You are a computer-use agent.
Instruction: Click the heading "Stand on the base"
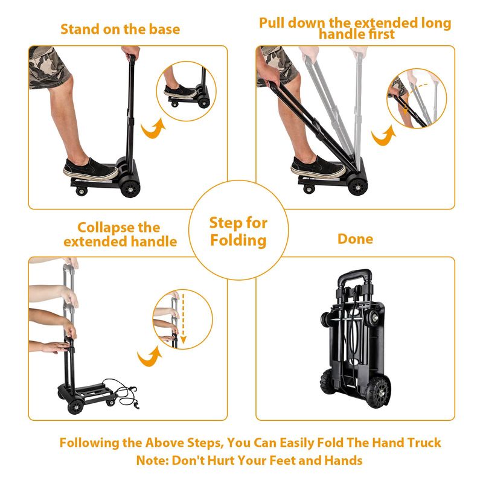tap(120, 29)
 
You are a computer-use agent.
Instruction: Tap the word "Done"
tap(355, 238)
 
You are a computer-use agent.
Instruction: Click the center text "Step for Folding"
tap(238, 231)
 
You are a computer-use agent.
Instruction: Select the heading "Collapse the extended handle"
tap(120, 234)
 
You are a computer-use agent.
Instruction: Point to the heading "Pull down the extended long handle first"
tap(355, 28)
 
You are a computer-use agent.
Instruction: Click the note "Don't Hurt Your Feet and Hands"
tap(267, 460)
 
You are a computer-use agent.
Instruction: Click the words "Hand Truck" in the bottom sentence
tap(406, 443)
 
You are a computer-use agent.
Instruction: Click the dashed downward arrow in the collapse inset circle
tap(184, 319)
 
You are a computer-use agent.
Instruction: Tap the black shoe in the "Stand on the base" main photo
tap(91, 170)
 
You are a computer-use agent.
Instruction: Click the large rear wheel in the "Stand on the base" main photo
tap(130, 188)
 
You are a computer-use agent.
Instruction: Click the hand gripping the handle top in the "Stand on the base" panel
tap(130, 53)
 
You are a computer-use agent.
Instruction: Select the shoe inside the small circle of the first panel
tap(179, 92)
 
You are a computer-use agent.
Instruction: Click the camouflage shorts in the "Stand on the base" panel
tap(49, 67)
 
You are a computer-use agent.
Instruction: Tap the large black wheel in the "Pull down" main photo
tap(357, 187)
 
